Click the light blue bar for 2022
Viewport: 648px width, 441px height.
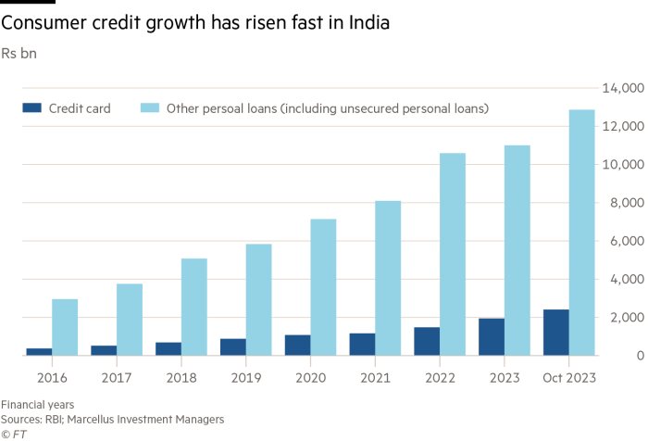pos(452,254)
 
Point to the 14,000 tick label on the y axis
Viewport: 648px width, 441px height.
pos(621,89)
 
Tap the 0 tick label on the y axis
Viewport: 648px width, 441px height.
pos(640,356)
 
